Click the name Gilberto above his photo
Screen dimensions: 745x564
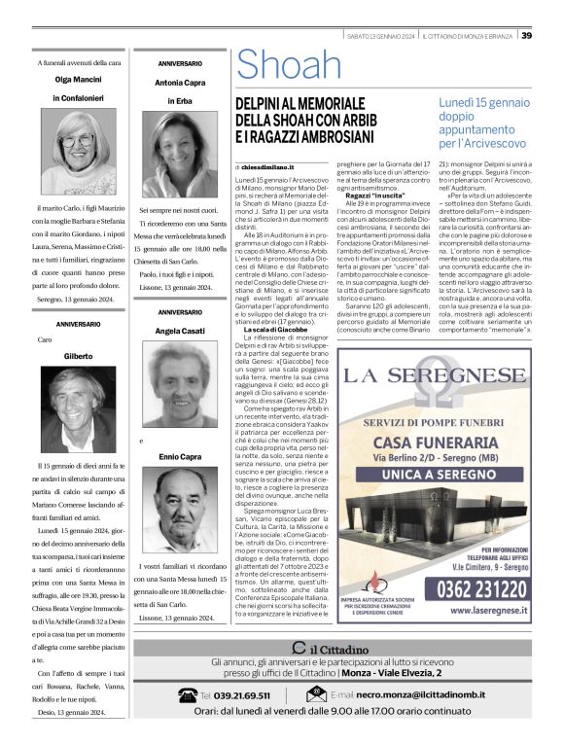(x=79, y=356)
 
